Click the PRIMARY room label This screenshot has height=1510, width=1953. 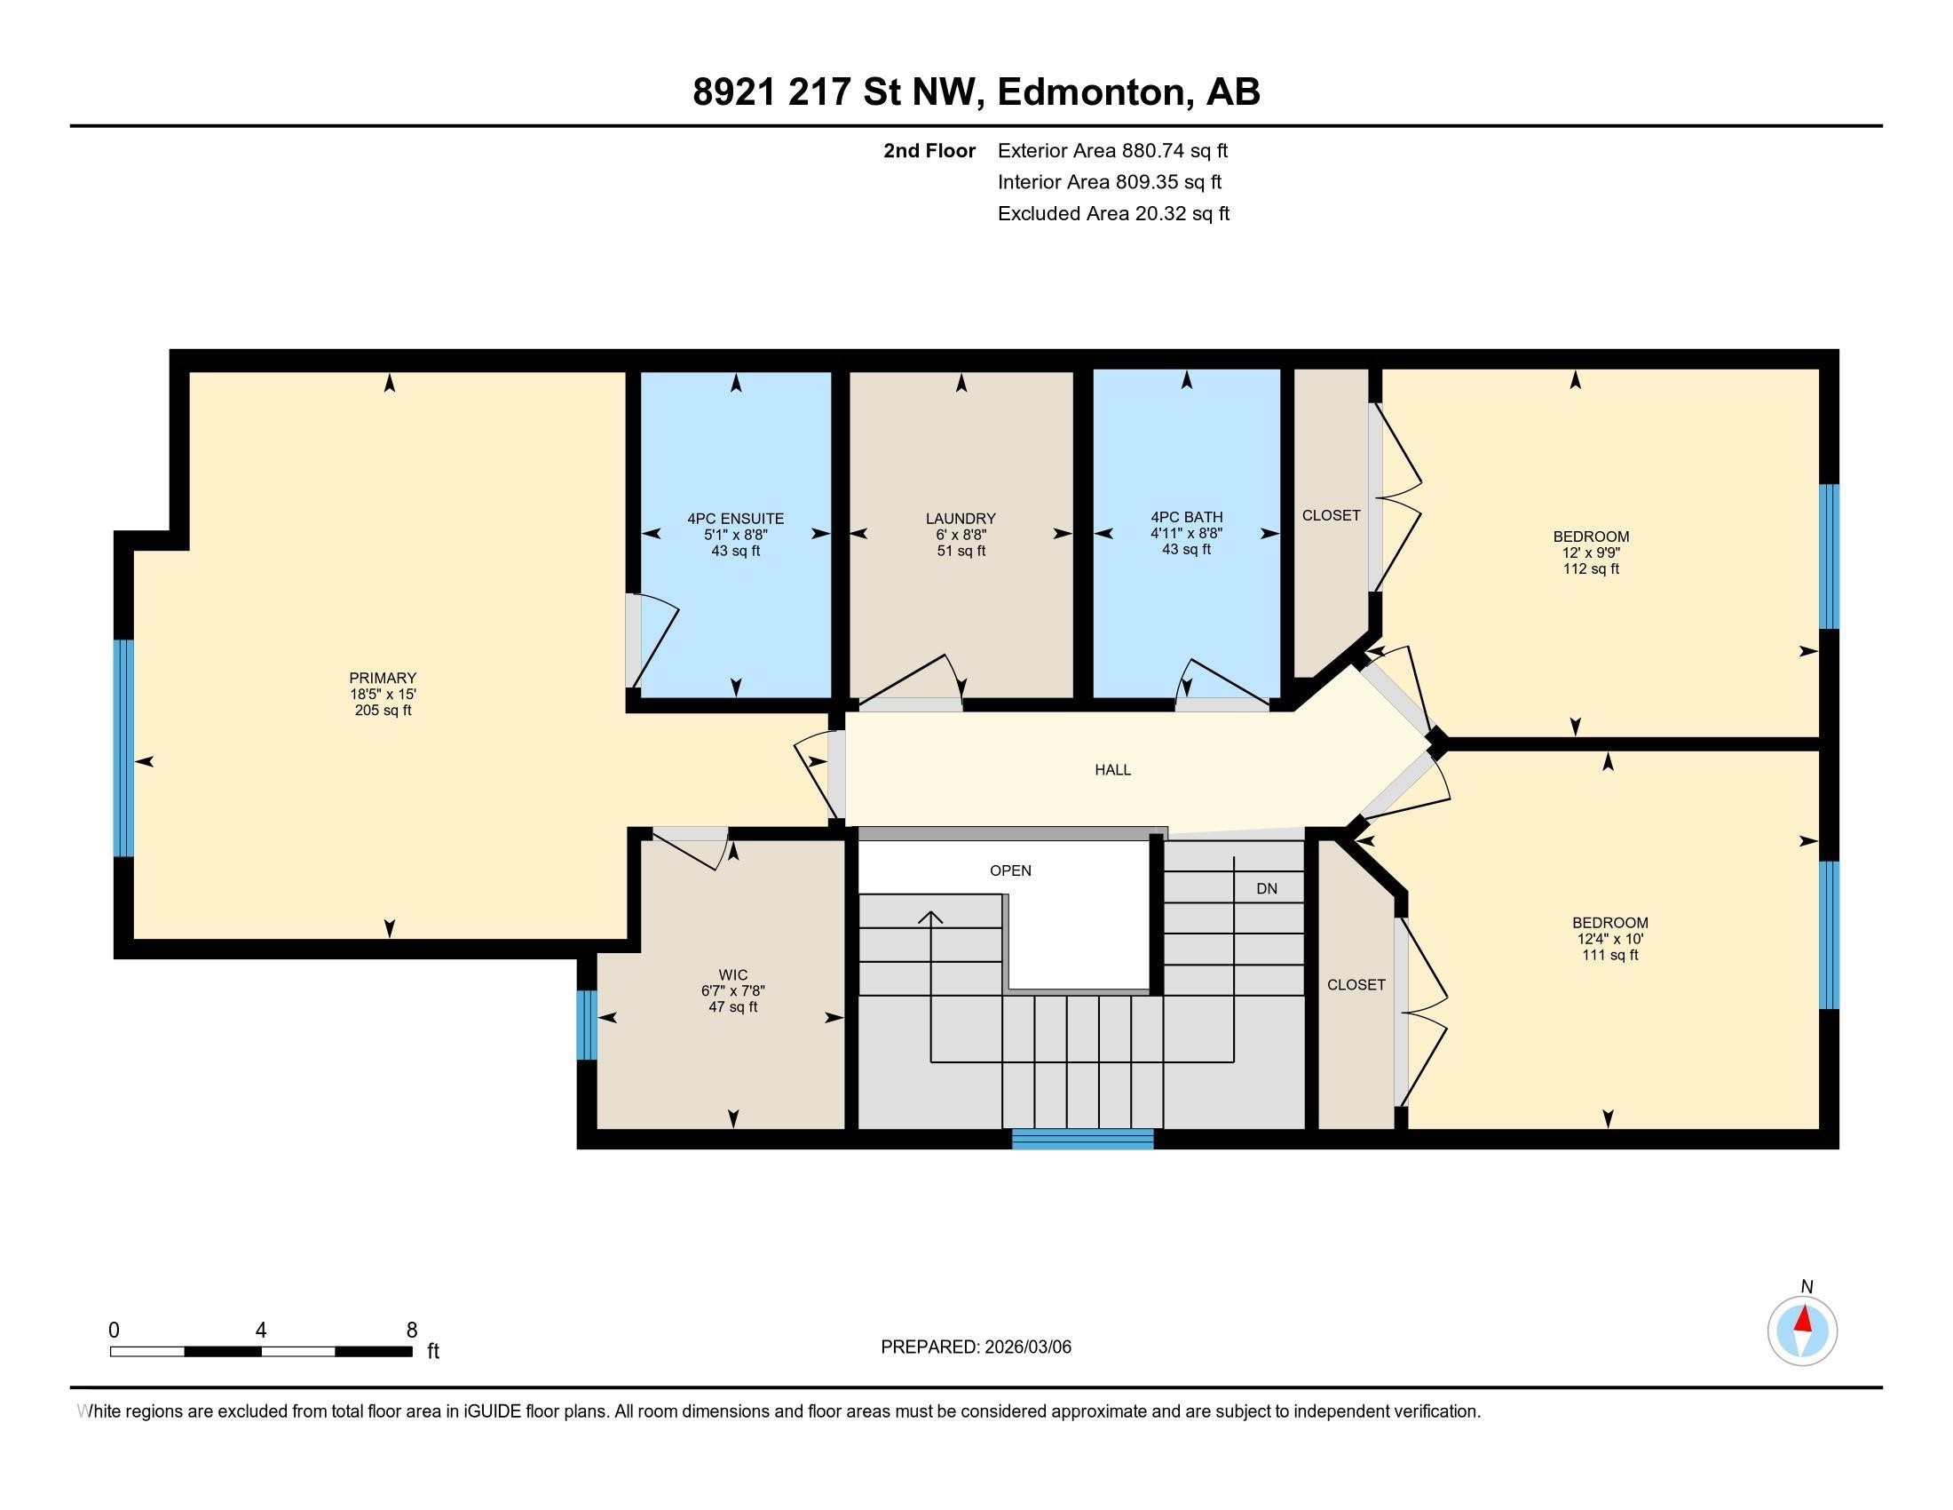click(x=383, y=677)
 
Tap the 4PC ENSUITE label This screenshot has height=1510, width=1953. click(x=735, y=518)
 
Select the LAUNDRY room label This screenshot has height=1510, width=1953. click(x=961, y=518)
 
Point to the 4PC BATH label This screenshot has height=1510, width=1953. click(x=1186, y=516)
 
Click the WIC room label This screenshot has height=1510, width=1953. click(x=732, y=974)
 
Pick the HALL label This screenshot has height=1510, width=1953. click(x=1112, y=769)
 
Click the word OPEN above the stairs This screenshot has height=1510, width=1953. click(x=1009, y=870)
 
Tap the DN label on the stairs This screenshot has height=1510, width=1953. click(x=1266, y=888)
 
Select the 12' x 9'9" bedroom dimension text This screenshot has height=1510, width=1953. click(x=1591, y=552)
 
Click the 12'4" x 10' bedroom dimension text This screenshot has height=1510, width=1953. click(x=1609, y=938)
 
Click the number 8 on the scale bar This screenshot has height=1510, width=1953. click(x=411, y=1331)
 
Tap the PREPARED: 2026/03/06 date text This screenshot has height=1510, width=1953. click(x=976, y=1347)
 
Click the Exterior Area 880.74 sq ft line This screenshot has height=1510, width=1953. click(x=1112, y=150)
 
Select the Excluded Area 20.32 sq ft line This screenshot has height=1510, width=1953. click(x=1113, y=213)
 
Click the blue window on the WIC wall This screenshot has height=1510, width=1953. click(x=586, y=1024)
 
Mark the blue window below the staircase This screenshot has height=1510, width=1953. click(x=1082, y=1139)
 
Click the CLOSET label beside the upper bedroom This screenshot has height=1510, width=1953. click(x=1331, y=515)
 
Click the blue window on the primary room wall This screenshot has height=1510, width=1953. click(x=123, y=748)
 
